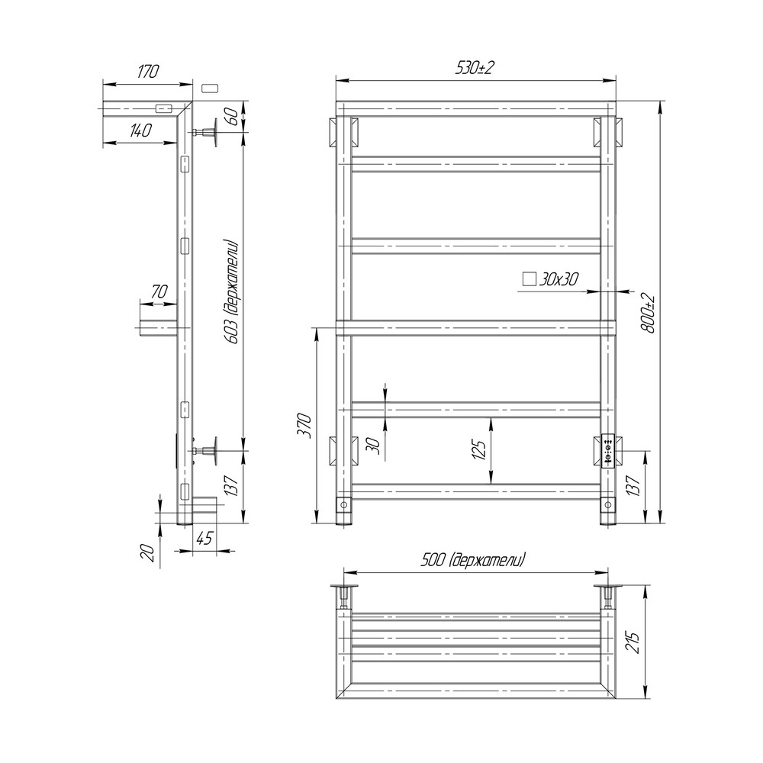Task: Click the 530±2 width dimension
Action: [474, 68]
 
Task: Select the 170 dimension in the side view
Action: [148, 72]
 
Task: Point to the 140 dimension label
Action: [140, 130]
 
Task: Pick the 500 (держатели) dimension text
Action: [473, 560]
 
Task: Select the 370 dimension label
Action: [304, 425]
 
